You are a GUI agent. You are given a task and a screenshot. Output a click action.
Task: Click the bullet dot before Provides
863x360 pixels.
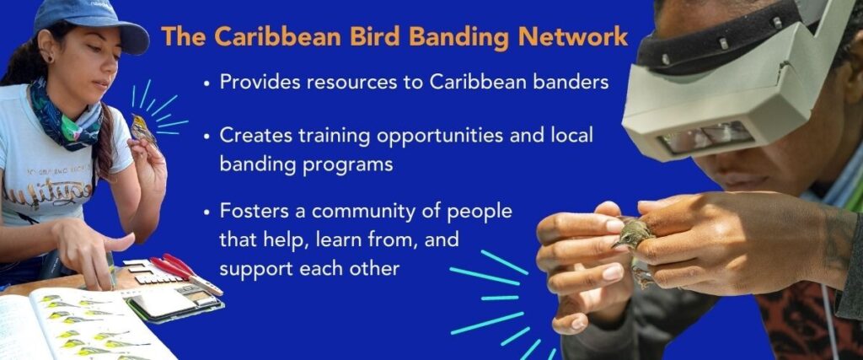207,83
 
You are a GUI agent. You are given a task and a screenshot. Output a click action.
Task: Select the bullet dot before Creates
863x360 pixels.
207,137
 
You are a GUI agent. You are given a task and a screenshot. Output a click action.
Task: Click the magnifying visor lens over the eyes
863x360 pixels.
706,136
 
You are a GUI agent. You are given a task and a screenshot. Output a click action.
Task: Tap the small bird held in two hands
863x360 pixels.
633,237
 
